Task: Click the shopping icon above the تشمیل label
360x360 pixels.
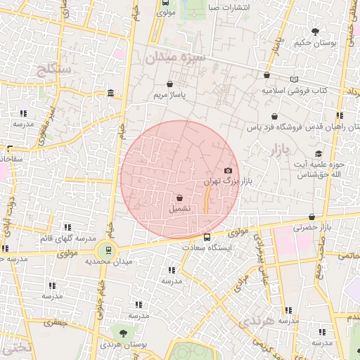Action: click(179, 198)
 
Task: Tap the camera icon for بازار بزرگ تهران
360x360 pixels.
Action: click(227, 170)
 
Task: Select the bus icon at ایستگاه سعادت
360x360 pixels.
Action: click(207, 237)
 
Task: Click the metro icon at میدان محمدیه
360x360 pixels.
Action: click(108, 249)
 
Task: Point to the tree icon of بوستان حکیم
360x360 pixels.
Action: click(316, 31)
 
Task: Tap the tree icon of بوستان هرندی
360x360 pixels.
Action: click(123, 333)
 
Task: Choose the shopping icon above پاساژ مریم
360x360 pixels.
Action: click(169, 84)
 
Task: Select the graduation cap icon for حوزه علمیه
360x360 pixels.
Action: click(318, 153)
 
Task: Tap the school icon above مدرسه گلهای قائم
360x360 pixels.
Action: click(67, 227)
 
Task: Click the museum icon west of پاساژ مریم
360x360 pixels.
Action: click(112, 93)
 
